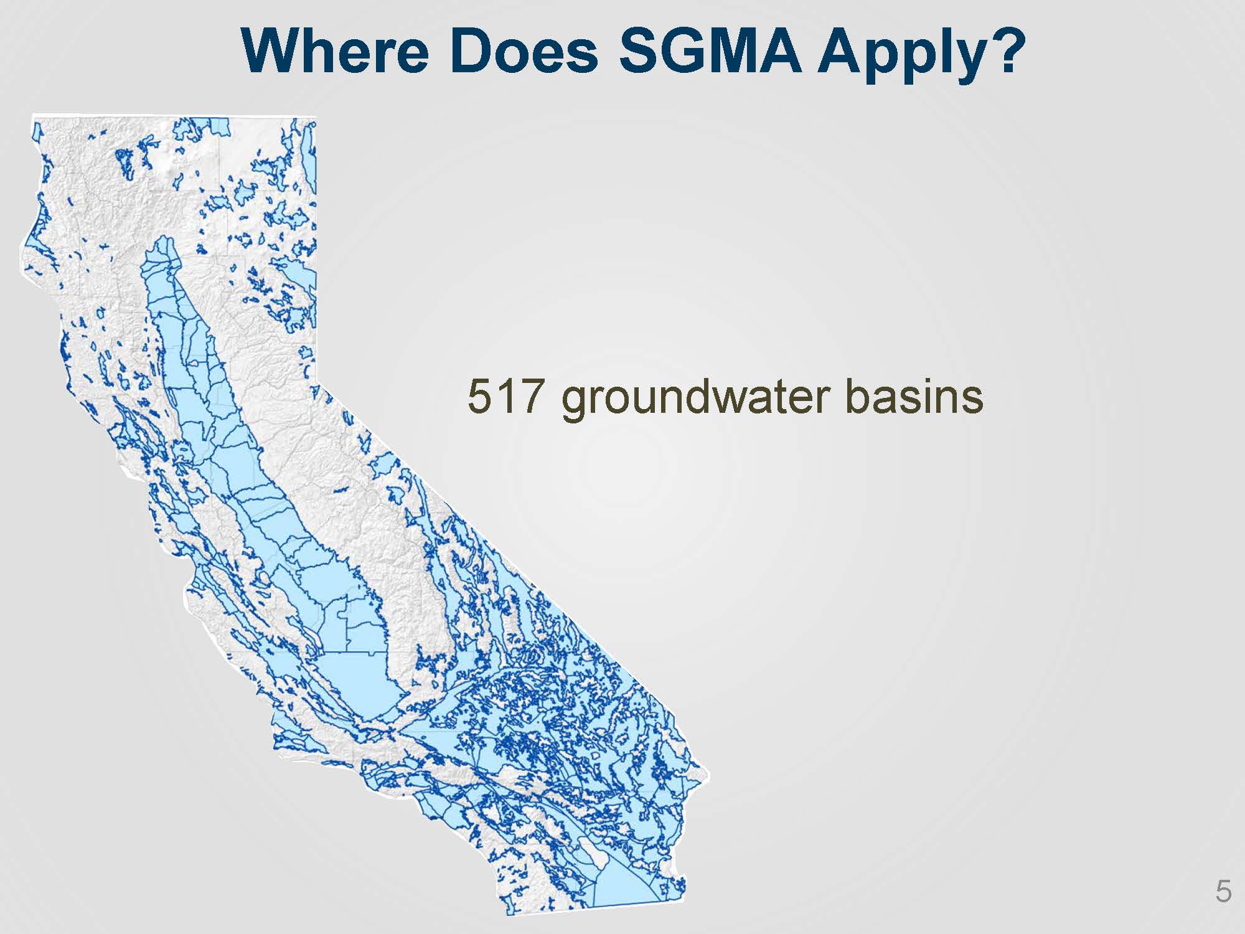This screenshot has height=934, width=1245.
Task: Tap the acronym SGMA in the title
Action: click(x=710, y=50)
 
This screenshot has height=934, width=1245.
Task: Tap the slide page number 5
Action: click(x=1223, y=892)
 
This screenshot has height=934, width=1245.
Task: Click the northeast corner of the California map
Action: click(x=315, y=118)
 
